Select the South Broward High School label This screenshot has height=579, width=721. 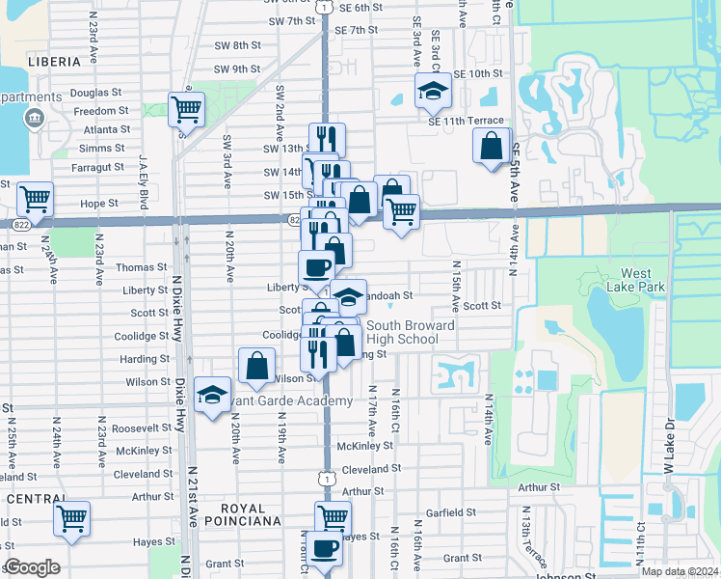411,332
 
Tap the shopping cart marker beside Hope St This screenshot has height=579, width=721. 35,200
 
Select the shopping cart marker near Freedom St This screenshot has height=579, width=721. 186,109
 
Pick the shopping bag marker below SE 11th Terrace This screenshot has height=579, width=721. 491,146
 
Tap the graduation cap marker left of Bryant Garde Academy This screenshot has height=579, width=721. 212,395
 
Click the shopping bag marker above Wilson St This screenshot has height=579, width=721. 256,367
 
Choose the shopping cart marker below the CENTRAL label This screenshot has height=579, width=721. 71,518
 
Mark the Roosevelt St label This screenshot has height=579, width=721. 142,427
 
